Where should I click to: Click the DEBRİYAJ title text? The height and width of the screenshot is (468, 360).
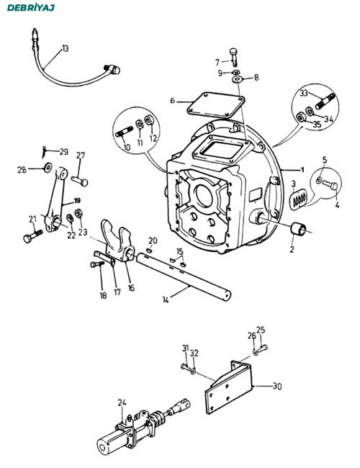point(31,7)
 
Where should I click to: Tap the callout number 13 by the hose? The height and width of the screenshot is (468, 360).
point(65,48)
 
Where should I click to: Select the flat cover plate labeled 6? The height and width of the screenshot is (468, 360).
point(216,105)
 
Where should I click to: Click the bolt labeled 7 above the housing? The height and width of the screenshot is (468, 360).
point(234,57)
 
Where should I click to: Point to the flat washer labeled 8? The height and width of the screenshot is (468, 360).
point(237,79)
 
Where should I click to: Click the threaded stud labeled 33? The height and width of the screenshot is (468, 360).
point(325,102)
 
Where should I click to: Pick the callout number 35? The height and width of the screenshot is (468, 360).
point(316,124)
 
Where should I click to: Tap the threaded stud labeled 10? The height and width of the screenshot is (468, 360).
point(124,132)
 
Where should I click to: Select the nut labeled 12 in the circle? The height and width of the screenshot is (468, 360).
point(148,120)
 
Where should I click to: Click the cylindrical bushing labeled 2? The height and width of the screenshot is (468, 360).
point(298,229)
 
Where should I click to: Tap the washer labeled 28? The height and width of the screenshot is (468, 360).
point(48,168)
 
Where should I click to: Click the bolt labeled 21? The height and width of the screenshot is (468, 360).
point(33,235)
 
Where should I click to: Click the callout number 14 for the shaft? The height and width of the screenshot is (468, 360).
point(166,300)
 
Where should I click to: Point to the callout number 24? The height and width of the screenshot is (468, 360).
point(122,402)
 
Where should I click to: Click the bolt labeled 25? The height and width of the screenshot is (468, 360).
point(261,348)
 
